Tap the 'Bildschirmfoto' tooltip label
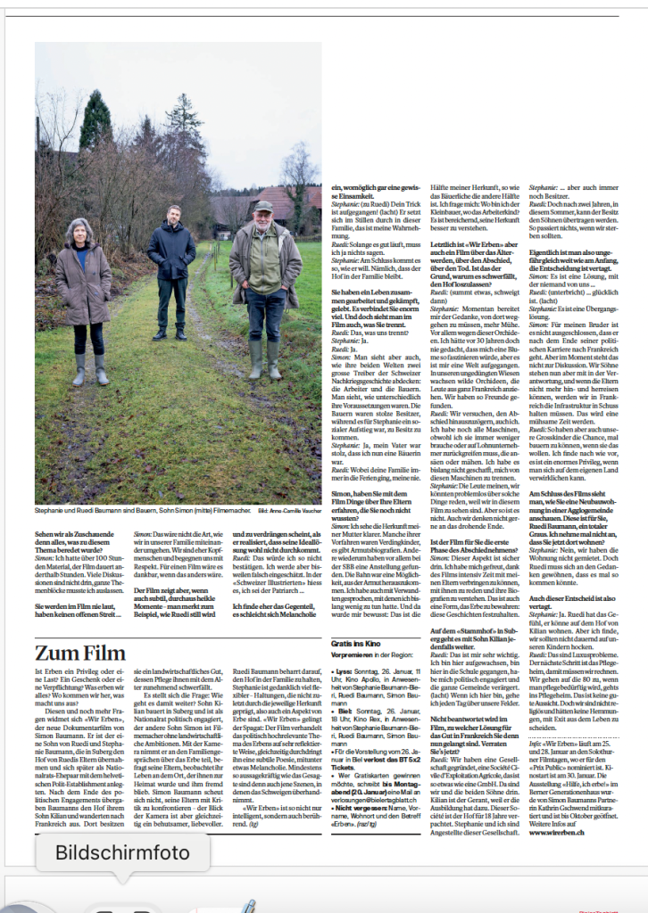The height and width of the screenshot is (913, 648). coord(122,852)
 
